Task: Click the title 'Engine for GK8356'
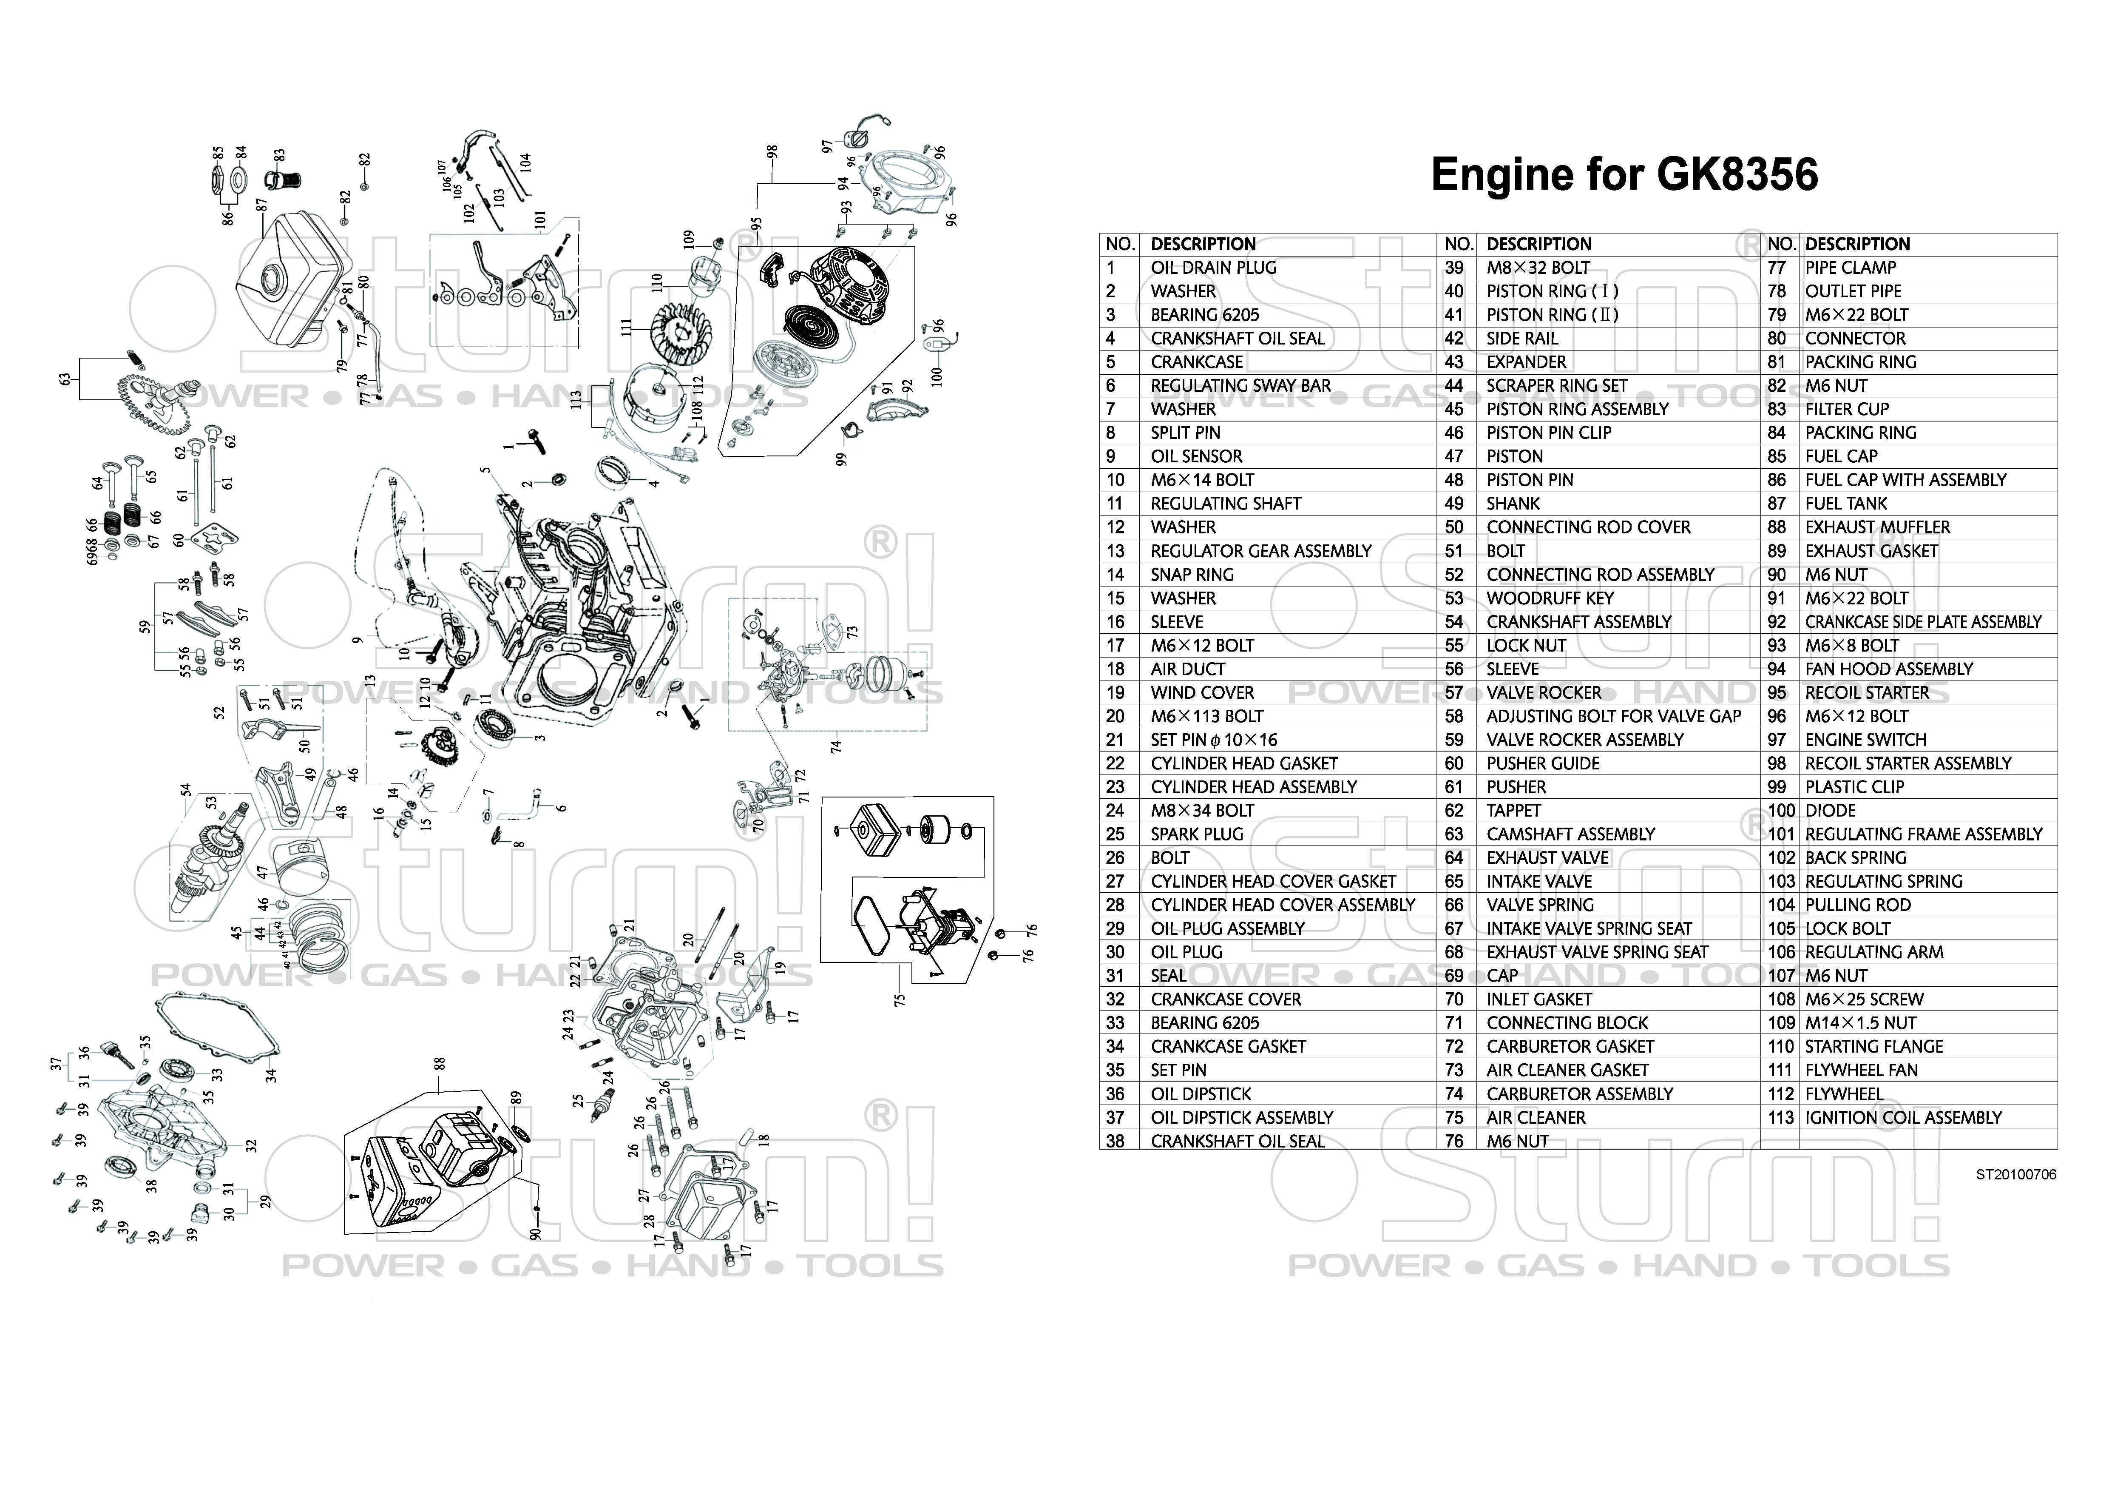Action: tap(1624, 174)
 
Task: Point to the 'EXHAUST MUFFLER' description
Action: tap(1877, 527)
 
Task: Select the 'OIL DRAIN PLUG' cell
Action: tap(1213, 268)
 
